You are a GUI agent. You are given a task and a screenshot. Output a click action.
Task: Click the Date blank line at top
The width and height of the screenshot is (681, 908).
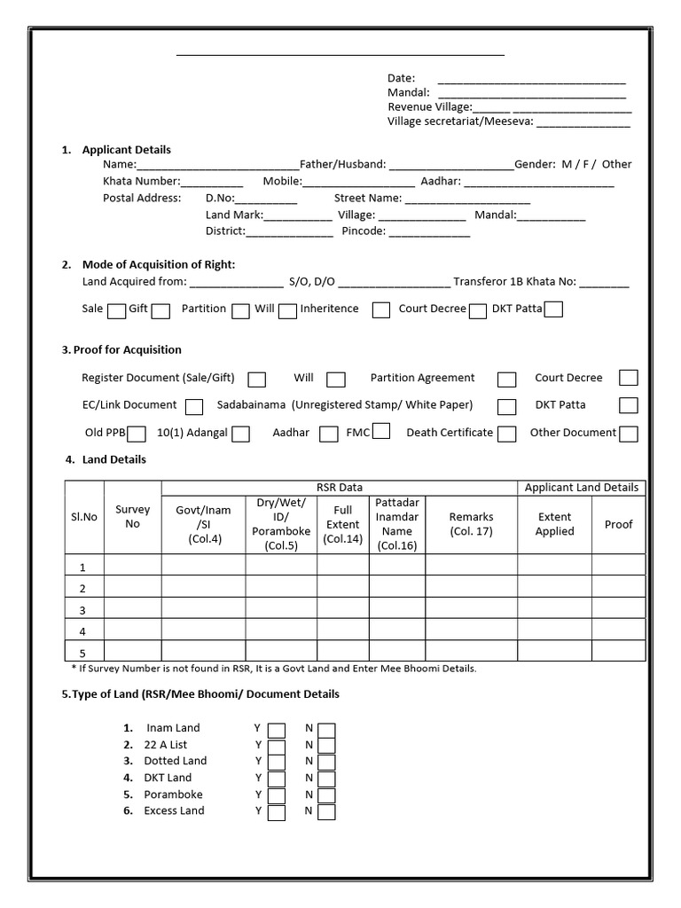pos(531,80)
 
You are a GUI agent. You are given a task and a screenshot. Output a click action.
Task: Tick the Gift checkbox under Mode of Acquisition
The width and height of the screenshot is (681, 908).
pos(160,311)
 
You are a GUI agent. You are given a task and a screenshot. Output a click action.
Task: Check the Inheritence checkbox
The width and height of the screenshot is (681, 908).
pos(381,310)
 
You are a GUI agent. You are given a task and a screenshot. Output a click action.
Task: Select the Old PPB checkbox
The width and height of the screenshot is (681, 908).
pos(137,434)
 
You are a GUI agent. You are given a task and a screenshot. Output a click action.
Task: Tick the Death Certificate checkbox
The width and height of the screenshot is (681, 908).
pos(506,434)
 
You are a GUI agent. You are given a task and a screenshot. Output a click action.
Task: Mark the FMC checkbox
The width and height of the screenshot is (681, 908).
pos(381,432)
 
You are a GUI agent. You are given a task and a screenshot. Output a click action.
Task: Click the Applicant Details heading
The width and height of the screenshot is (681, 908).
pos(126,150)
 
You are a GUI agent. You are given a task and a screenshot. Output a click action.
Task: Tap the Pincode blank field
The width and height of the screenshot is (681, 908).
pos(429,232)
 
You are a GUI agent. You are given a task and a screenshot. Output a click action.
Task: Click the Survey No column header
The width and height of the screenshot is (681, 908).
pos(132,517)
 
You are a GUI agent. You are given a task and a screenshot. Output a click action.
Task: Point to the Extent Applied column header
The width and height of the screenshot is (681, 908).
pos(555,524)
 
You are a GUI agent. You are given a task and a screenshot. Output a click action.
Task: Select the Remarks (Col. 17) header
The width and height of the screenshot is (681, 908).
pos(471,524)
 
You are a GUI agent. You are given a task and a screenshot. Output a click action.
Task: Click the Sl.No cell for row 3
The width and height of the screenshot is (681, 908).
pos(82,610)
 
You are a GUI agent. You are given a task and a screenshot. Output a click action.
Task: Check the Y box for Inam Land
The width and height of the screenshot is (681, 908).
pos(277,730)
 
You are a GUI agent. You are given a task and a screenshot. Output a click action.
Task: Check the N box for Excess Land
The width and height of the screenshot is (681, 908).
pos(326,812)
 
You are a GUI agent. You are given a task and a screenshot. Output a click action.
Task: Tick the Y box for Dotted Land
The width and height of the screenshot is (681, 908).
pos(277,763)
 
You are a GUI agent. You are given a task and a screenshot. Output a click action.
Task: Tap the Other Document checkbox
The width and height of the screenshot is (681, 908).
pos(629,434)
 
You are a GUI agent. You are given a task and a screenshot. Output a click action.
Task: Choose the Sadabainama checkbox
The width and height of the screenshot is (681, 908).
pos(506,407)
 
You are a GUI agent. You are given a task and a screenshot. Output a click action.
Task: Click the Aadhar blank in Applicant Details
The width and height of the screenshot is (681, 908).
pos(538,183)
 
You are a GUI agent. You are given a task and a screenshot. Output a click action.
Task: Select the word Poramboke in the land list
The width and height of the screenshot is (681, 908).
pos(173,794)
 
